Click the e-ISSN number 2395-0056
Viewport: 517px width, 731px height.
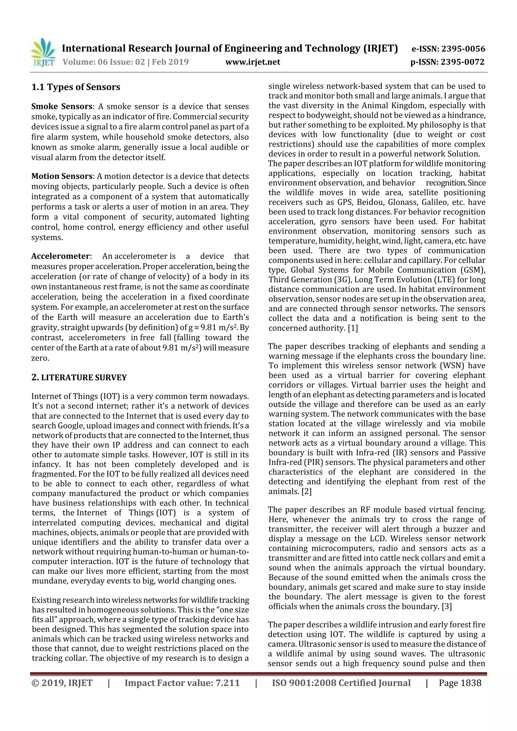(463, 49)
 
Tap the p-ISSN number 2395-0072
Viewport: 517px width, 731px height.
(462, 62)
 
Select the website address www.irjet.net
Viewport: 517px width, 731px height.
(253, 62)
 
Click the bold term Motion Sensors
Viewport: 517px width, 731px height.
(62, 176)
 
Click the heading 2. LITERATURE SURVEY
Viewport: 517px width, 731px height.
(79, 377)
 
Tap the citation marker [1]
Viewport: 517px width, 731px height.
(353, 328)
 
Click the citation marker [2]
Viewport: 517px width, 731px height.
(306, 491)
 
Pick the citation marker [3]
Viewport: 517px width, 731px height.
(447, 607)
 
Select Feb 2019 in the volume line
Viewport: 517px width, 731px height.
(170, 62)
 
